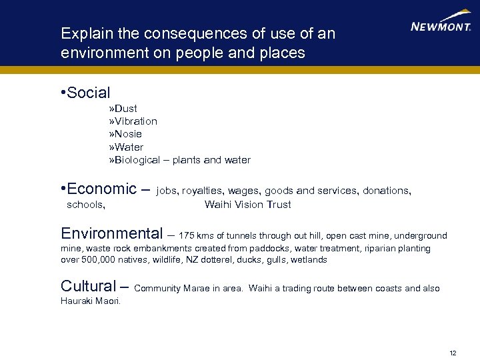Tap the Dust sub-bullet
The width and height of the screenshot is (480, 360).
pos(125,108)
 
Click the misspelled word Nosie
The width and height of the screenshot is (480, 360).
pos(128,134)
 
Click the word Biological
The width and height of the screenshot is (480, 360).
pos(137,160)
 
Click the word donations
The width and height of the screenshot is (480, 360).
pos(386,191)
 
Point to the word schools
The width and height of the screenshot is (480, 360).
pos(85,205)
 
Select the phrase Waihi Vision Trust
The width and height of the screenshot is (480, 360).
pos(247,205)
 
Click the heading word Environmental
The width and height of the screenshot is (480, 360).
pos(111,233)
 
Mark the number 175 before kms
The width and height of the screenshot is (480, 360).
pos(187,235)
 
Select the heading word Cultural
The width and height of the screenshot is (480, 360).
pos(88,286)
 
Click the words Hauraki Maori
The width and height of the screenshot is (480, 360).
pos(91,301)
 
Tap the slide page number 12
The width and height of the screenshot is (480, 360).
pos(453,352)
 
